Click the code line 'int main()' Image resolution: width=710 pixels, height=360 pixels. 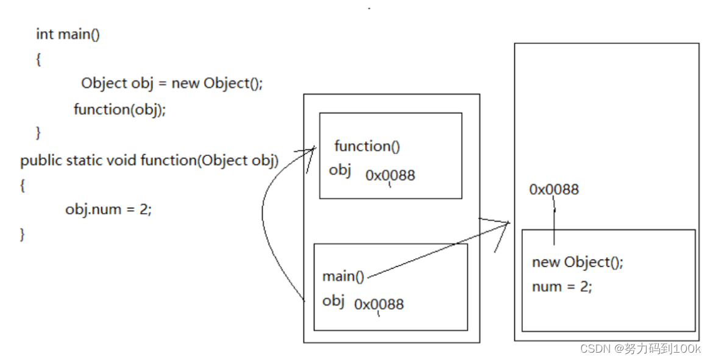(68, 34)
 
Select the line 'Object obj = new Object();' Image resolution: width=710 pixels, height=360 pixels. (171, 83)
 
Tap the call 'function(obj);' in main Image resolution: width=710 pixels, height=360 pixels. (119, 110)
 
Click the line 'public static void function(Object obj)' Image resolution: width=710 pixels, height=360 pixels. (149, 161)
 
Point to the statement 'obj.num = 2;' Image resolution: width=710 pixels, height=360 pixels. (108, 210)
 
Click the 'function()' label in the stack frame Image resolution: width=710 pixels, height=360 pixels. (367, 146)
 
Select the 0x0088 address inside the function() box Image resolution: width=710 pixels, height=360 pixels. (390, 175)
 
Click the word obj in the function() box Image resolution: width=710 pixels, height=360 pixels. (340, 170)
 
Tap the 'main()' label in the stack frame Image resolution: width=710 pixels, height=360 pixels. (343, 277)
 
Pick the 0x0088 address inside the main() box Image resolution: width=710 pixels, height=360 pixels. (378, 304)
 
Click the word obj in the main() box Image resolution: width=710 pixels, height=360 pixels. (333, 301)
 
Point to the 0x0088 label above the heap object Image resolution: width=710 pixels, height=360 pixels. (553, 189)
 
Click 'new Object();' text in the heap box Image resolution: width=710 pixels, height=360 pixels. (577, 263)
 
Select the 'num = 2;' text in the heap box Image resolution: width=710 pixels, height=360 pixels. (561, 287)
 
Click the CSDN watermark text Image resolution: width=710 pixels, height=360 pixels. (640, 348)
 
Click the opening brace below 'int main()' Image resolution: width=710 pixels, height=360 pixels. (38, 60)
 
